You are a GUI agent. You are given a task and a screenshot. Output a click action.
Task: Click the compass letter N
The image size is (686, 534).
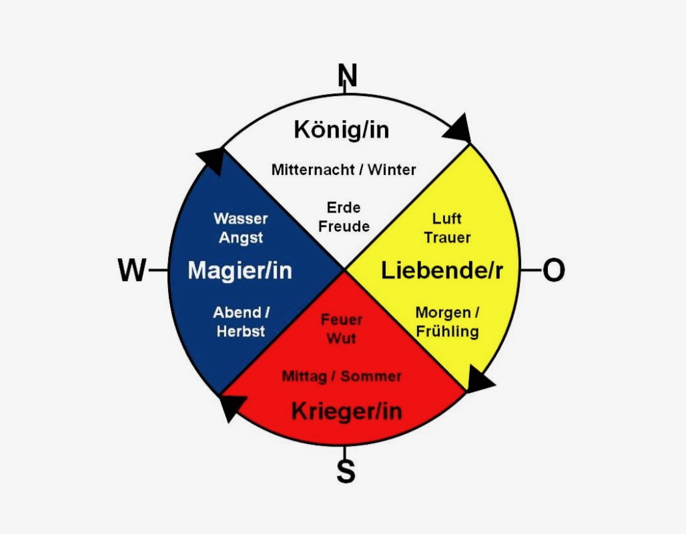click(x=347, y=75)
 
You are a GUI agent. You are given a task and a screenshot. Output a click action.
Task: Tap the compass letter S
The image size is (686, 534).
click(x=345, y=471)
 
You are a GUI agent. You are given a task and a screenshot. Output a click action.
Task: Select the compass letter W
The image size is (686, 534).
click(x=132, y=270)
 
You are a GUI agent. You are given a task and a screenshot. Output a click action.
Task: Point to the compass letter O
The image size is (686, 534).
click(x=553, y=270)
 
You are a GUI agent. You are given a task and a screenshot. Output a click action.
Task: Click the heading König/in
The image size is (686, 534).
click(x=341, y=129)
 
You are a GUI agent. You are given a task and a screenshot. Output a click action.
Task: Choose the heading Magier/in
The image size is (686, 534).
click(x=240, y=270)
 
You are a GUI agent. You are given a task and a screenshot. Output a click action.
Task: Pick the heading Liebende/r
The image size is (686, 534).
click(x=442, y=270)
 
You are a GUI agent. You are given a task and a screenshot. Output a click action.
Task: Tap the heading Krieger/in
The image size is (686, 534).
click(x=346, y=411)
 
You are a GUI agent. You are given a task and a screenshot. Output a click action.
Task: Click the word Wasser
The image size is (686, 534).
click(x=241, y=218)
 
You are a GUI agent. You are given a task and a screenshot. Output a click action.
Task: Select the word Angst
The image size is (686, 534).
click(x=241, y=238)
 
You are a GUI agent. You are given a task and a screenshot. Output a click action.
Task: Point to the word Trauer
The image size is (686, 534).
click(x=447, y=238)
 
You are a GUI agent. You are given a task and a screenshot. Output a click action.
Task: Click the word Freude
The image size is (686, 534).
click(x=344, y=226)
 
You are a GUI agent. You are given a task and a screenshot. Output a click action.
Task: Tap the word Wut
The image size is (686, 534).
click(x=341, y=338)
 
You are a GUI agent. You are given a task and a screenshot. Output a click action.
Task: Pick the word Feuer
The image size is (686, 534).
click(x=342, y=320)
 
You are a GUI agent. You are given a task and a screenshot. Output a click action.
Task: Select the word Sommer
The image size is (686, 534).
click(x=371, y=376)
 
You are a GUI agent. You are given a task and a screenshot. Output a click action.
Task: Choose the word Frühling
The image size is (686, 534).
click(x=447, y=332)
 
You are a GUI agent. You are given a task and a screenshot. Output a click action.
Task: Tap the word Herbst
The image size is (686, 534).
click(x=241, y=332)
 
